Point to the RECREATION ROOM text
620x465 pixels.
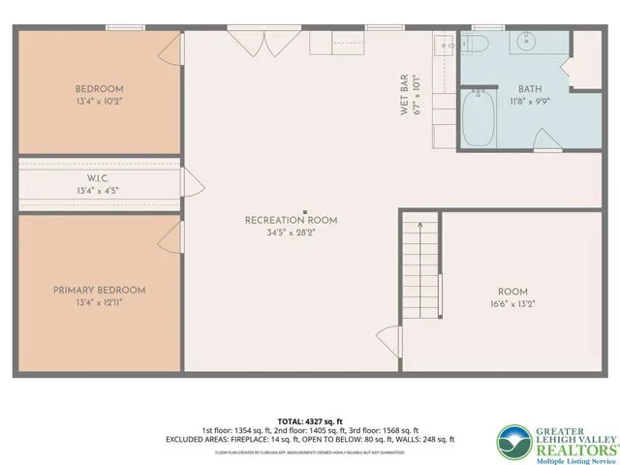(x=292, y=220)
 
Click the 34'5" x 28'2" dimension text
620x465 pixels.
(x=292, y=232)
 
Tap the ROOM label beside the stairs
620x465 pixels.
(x=512, y=291)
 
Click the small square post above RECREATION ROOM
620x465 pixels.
(x=305, y=211)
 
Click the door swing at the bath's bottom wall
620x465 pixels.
(x=547, y=146)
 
